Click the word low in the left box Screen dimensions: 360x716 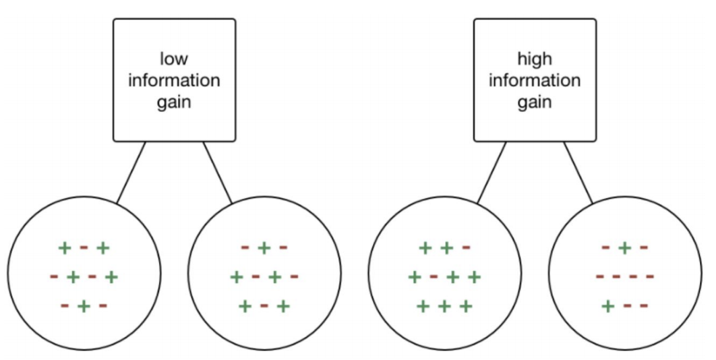(x=174, y=59)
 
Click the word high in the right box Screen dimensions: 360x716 (x=535, y=59)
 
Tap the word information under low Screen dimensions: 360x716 (x=174, y=81)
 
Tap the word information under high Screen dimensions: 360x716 (x=535, y=81)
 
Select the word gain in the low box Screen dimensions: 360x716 (x=174, y=103)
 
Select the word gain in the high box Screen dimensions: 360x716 (x=535, y=103)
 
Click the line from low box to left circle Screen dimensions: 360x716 (x=131, y=173)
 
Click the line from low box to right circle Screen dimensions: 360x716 (x=217, y=173)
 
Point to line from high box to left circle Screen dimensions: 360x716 (x=491, y=173)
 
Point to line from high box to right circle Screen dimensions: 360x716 (x=578, y=173)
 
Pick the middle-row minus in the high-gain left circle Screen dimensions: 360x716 (x=434, y=276)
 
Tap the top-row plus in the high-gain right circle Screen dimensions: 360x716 (x=625, y=248)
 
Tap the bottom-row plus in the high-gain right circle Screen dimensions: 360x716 (x=607, y=306)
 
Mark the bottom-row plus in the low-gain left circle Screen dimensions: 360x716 (x=84, y=306)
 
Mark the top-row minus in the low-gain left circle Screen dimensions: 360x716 (x=84, y=248)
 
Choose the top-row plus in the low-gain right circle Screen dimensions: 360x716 (x=264, y=248)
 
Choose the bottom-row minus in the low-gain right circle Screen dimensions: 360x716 (x=264, y=306)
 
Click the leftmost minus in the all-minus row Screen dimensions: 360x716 (x=599, y=276)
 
